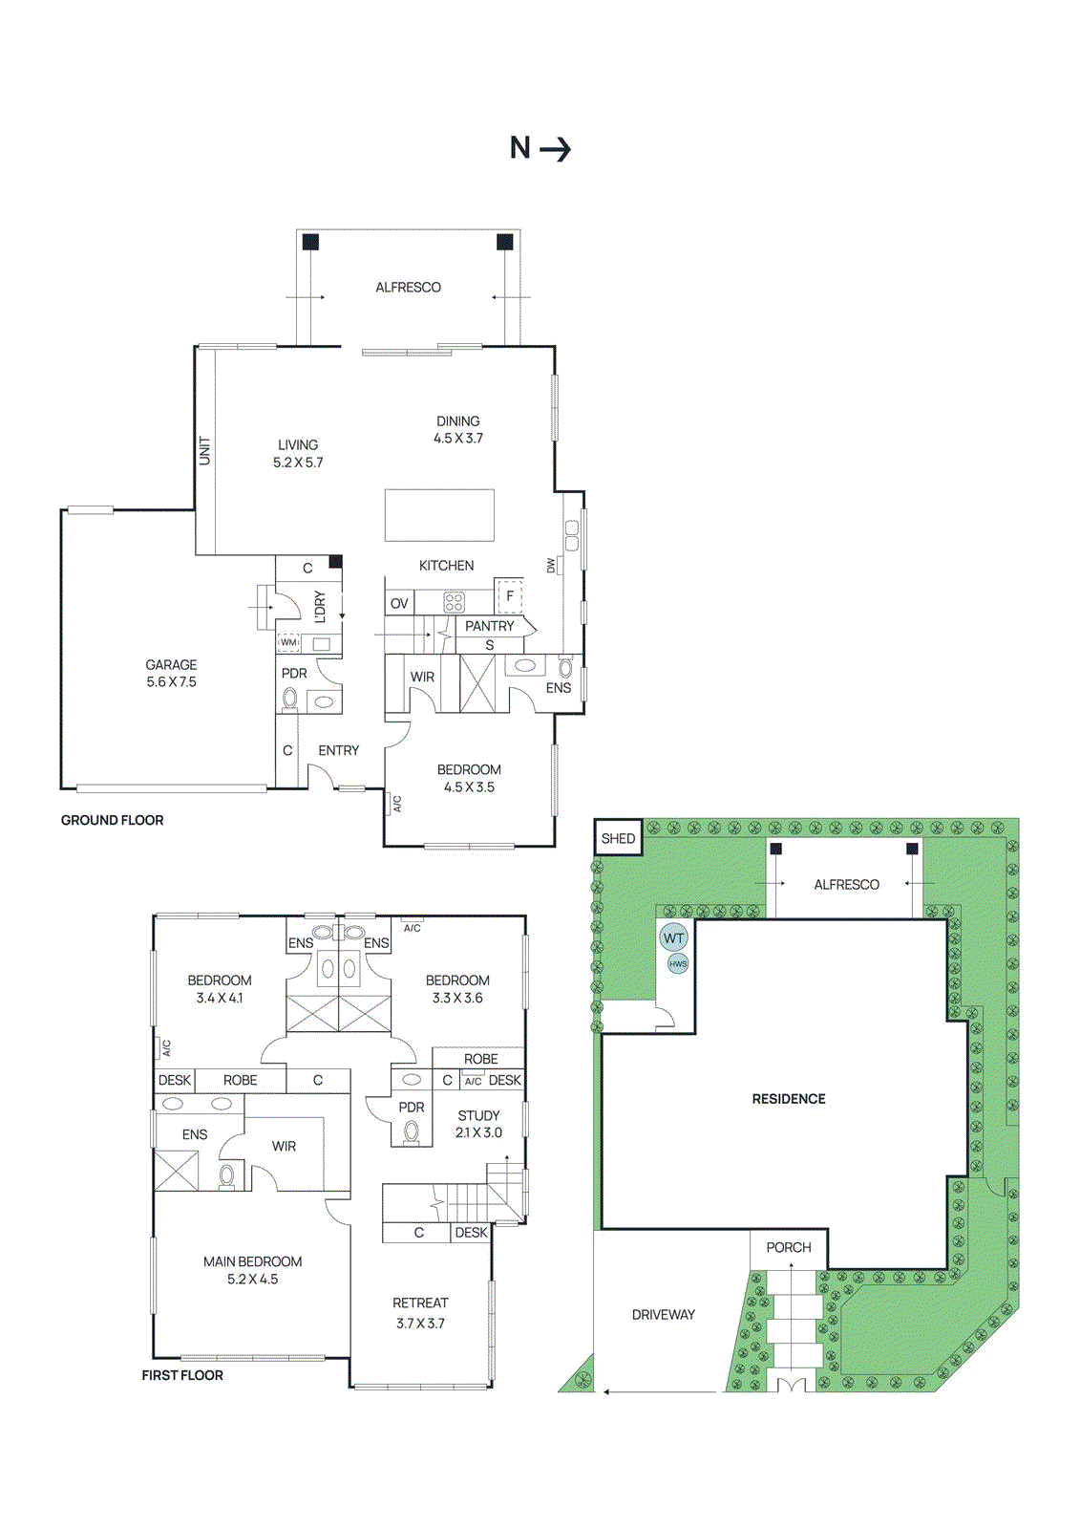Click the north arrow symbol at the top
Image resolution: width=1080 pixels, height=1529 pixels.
(540, 148)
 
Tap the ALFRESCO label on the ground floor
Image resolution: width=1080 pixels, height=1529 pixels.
(408, 287)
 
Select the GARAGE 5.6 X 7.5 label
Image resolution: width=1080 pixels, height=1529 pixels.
(171, 673)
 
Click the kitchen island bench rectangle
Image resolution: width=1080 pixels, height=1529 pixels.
(439, 515)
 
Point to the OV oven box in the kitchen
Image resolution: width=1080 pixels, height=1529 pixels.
(399, 603)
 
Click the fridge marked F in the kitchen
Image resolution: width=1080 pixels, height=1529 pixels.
(509, 595)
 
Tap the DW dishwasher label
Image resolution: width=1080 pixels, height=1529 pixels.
(551, 566)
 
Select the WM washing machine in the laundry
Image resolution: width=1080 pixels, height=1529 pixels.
(288, 642)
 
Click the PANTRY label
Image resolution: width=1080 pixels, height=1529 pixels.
(489, 626)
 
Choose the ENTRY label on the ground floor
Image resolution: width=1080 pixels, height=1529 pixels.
(338, 750)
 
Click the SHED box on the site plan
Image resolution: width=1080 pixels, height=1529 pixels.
(618, 838)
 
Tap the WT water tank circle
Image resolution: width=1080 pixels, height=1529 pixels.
(673, 937)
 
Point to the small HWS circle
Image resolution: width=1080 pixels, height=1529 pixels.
(678, 963)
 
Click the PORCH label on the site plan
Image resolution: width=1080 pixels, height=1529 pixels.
(788, 1247)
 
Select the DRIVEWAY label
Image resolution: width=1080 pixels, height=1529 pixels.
(663, 1314)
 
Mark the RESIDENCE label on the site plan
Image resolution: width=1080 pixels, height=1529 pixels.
(788, 1099)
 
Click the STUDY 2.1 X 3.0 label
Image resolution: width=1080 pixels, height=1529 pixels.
(478, 1124)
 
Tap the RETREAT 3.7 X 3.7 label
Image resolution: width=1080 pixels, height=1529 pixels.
(420, 1312)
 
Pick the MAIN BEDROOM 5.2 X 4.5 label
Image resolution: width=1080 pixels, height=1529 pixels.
(252, 1270)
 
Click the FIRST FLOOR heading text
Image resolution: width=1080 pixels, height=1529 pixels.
(182, 1375)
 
